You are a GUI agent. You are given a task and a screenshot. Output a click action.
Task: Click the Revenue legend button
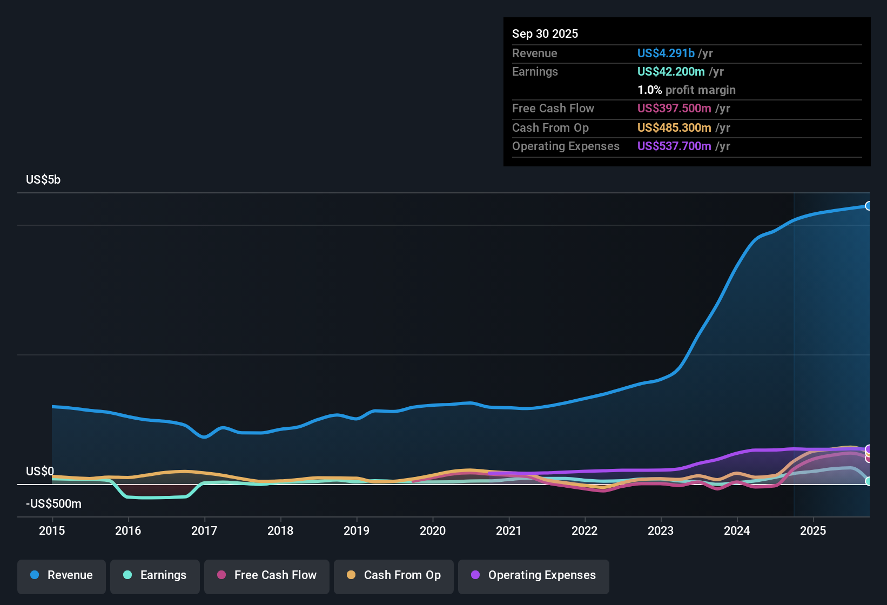(x=62, y=575)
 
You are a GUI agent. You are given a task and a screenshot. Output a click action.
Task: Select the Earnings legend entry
(x=155, y=575)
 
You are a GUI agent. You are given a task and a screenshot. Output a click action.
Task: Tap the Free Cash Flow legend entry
(x=267, y=575)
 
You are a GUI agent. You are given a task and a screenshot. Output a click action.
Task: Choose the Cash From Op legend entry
(x=394, y=575)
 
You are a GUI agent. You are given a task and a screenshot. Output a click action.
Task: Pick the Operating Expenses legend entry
(x=534, y=575)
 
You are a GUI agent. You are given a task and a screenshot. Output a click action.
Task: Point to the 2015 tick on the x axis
(x=52, y=530)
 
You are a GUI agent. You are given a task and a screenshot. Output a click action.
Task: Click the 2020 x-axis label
(x=433, y=530)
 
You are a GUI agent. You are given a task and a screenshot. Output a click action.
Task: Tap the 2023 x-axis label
(x=661, y=530)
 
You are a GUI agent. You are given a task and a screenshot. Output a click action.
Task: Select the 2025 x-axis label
(x=813, y=530)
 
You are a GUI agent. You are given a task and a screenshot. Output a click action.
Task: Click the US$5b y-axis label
(x=43, y=180)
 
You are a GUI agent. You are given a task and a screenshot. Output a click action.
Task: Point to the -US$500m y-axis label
(x=53, y=504)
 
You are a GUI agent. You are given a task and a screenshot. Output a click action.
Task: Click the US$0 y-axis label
(x=40, y=472)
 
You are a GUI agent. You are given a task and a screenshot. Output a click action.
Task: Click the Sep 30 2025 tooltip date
(x=545, y=34)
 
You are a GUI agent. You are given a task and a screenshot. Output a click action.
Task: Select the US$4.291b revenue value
(x=666, y=53)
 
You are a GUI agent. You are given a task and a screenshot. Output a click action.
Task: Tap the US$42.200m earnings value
(x=671, y=72)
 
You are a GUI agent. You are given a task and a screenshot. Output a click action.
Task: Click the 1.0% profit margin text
(x=686, y=90)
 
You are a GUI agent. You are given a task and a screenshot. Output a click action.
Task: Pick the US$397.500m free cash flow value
(x=674, y=109)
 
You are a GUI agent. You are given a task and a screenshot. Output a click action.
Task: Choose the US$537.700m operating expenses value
(x=674, y=146)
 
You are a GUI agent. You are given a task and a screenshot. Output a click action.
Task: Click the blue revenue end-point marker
(x=868, y=206)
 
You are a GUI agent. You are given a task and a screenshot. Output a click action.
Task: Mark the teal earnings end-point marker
(x=868, y=481)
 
